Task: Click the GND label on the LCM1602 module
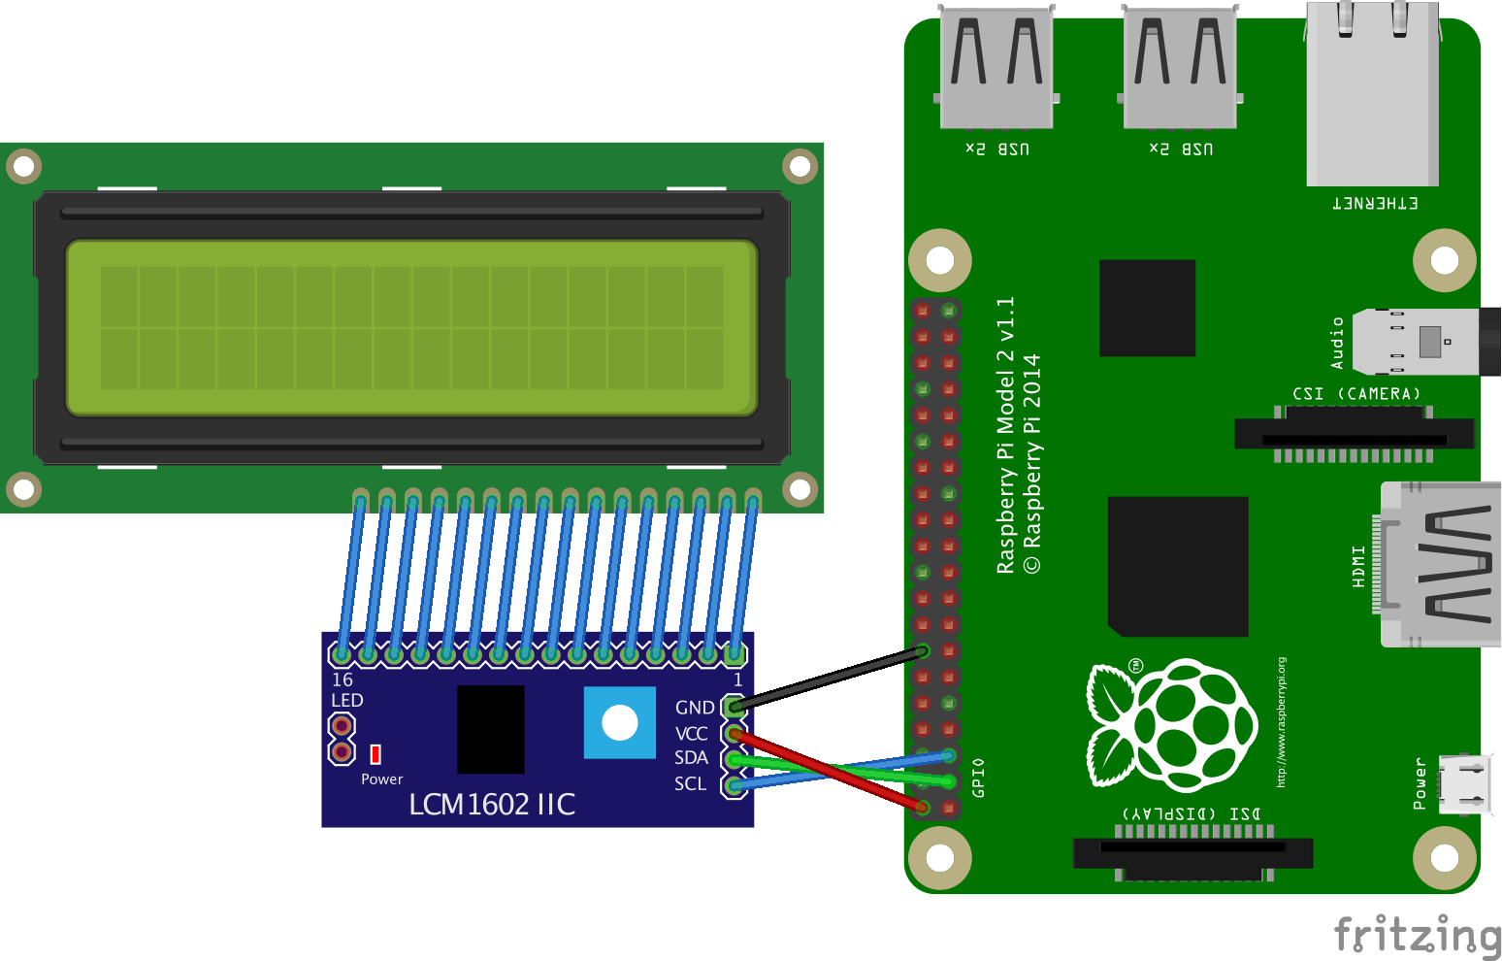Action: [694, 708]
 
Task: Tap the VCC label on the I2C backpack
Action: [691, 733]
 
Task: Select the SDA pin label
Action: [691, 757]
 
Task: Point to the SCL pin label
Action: [690, 783]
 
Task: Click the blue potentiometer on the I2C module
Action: [619, 722]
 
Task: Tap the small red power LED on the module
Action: [375, 754]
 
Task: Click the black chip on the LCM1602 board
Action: [490, 729]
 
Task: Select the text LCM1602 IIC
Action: [492, 804]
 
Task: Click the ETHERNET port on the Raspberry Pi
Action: [1372, 97]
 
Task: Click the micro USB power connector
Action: [1463, 784]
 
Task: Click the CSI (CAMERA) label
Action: [1355, 393]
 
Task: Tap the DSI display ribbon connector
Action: [1192, 853]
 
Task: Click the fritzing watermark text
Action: [1417, 935]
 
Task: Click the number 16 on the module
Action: [343, 679]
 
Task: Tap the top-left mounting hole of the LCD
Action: [24, 166]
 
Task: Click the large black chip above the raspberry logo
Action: [1178, 566]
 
